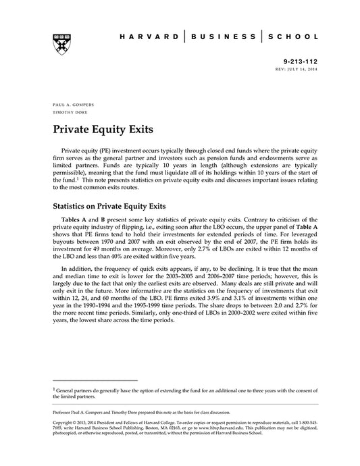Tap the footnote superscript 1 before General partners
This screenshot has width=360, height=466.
click(54, 388)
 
